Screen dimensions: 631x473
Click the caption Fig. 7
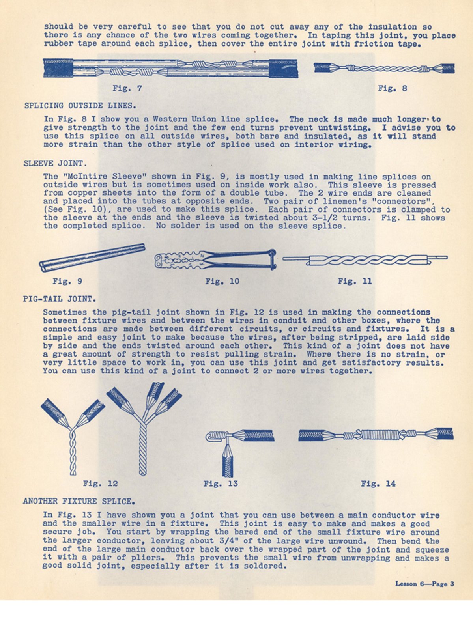pos(127,88)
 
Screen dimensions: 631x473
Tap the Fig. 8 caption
pos(392,88)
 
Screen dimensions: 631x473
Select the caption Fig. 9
pos(67,281)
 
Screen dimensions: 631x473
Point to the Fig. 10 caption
pos(222,281)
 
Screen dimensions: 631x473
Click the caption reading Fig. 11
pos(355,281)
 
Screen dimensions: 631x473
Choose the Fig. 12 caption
pos(100,484)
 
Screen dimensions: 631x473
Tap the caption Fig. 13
pos(221,484)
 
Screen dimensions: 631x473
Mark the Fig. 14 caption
pos(378,484)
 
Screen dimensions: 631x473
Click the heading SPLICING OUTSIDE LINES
pos(80,106)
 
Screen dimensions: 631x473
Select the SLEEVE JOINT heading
pos(55,163)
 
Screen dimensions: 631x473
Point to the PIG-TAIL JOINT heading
pos(59,299)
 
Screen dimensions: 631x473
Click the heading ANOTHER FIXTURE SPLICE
pos(79,501)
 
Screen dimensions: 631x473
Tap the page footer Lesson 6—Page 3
pos(424,584)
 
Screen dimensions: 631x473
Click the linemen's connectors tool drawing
pos(215,259)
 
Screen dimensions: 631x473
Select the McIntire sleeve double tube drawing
pos(92,258)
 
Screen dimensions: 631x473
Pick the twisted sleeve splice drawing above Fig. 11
pos(365,259)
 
